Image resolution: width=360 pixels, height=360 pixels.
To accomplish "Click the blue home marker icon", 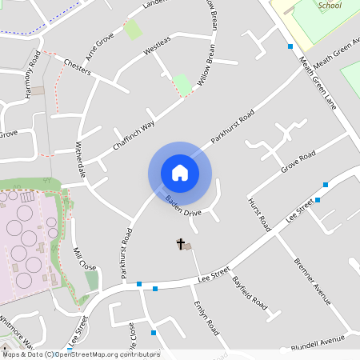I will pyautogui.click(x=180, y=173).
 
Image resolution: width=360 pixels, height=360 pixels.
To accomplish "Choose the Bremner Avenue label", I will pyautogui.click(x=312, y=281).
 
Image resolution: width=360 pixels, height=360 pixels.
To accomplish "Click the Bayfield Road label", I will pyautogui.click(x=249, y=293).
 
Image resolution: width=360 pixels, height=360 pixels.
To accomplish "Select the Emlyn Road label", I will pyautogui.click(x=206, y=318).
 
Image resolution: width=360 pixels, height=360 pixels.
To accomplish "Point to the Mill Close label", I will pyautogui.click(x=85, y=258).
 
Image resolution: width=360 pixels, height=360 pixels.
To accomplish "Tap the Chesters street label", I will pyautogui.click(x=77, y=66).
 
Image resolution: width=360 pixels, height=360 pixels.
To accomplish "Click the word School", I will pyautogui.click(x=330, y=6).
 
